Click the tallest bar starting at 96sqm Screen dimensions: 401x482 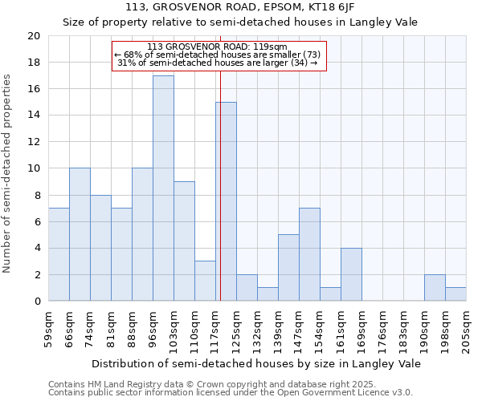click(163, 188)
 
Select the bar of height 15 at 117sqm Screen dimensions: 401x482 click(226, 201)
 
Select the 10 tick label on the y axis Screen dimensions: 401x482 click(33, 168)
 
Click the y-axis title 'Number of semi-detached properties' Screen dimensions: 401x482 click(8, 173)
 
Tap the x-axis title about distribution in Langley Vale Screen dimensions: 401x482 click(255, 363)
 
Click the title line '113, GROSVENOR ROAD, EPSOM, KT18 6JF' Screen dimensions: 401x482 click(239, 7)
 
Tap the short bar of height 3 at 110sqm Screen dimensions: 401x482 click(205, 281)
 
